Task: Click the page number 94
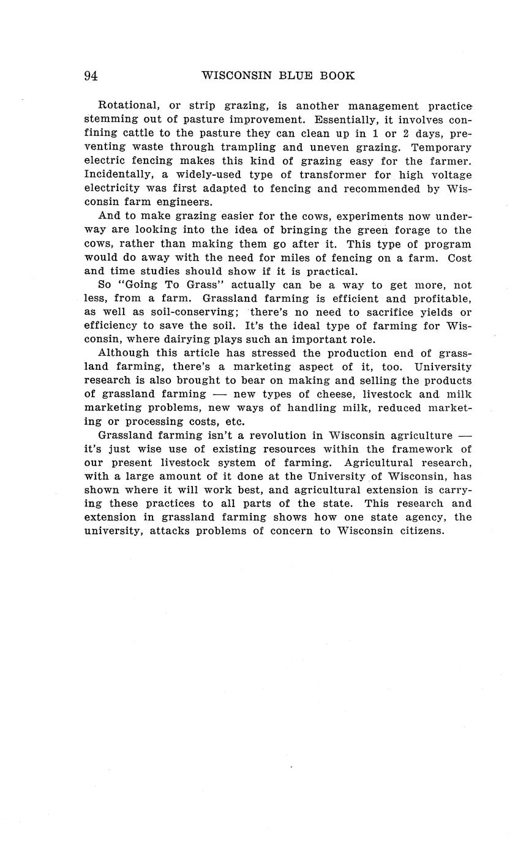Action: [x=91, y=76]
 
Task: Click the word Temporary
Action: [x=441, y=147]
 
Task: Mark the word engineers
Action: [x=184, y=202]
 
